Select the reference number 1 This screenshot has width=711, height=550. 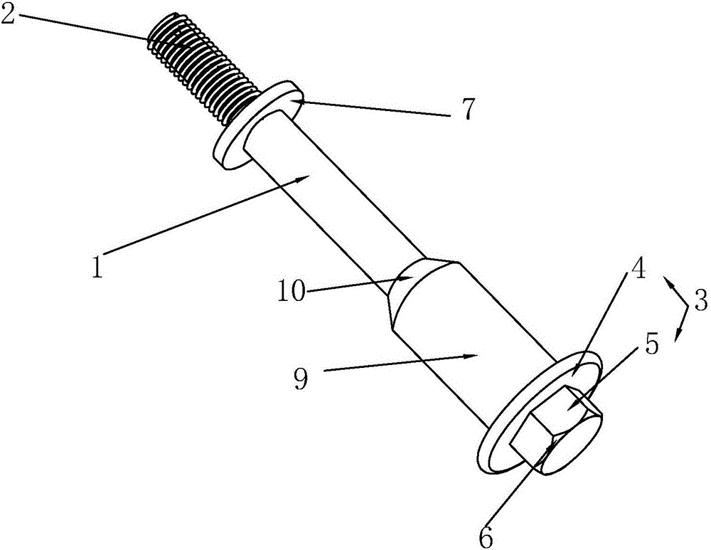pyautogui.click(x=97, y=267)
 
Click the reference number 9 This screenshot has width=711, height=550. pyautogui.click(x=301, y=379)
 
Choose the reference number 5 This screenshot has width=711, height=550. pyautogui.click(x=651, y=344)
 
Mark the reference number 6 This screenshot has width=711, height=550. pyautogui.click(x=486, y=538)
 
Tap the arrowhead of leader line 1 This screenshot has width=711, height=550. pyautogui.click(x=302, y=180)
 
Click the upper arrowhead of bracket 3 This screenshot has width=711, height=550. pyautogui.click(x=669, y=281)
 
